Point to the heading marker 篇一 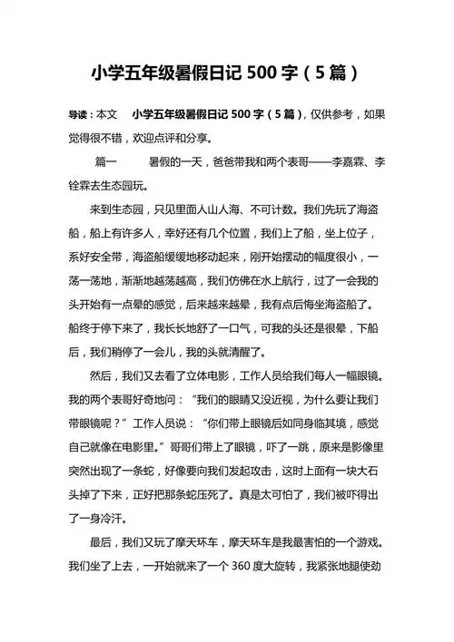coord(107,162)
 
